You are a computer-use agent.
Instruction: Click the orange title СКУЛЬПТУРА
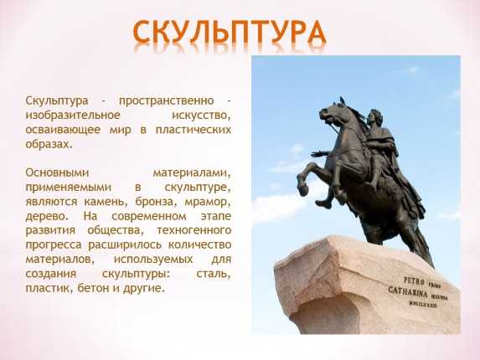click(230, 32)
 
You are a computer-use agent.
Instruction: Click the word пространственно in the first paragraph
click(166, 101)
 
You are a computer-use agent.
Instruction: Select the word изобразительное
click(73, 116)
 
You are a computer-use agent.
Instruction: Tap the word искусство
click(201, 116)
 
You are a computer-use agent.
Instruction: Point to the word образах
click(49, 144)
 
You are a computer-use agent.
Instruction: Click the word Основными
click(57, 172)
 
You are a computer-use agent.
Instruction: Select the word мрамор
click(207, 202)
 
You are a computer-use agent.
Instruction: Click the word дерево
click(47, 216)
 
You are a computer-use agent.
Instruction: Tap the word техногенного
click(194, 230)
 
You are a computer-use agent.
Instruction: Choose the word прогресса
click(54, 245)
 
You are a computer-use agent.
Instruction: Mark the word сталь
click(213, 274)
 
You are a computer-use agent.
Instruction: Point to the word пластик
click(49, 289)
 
